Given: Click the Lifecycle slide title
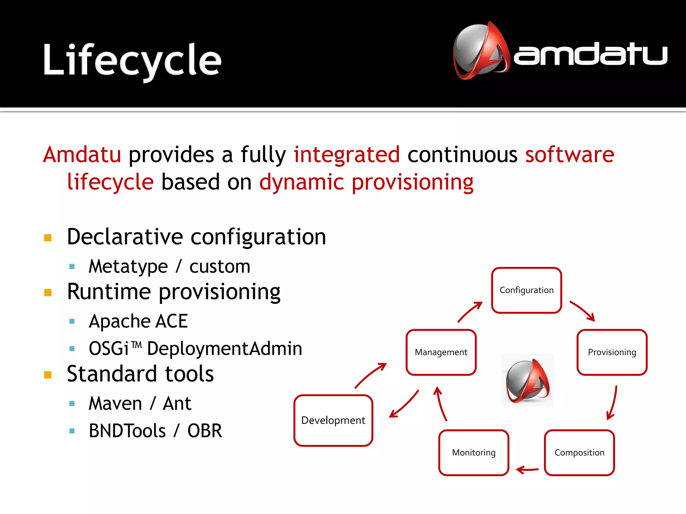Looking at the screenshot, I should pos(132,60).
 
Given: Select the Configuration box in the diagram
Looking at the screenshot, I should pos(526,290).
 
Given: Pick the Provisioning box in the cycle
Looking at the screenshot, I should pos(612,352).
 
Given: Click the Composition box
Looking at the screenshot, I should pos(579,452).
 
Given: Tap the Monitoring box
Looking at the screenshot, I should pos(474,452).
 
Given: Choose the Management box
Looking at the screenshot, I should pos(441,352).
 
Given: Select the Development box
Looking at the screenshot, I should pos(333,420).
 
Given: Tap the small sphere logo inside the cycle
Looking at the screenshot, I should pos(527,380).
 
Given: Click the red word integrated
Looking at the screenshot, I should pos(347,155).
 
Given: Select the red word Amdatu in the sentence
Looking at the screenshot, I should pos(82,155).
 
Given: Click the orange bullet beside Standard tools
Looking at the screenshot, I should pos(48,375).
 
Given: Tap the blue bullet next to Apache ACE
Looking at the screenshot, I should pos(72,322).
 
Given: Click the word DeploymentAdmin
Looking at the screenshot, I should pos(224,348).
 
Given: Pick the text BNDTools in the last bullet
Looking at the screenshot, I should pos(127,431).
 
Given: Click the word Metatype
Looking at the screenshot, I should pos(128,267).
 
